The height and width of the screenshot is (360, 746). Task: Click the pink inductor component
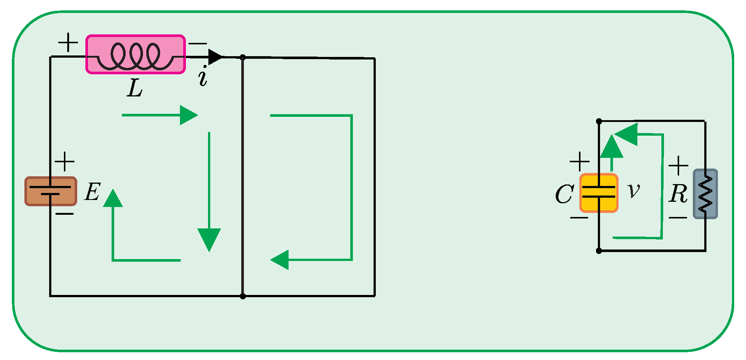tap(136, 55)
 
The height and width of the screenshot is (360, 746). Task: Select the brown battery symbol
tap(51, 191)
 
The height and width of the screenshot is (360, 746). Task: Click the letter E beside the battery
tap(92, 192)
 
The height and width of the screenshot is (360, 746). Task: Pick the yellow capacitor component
tap(599, 193)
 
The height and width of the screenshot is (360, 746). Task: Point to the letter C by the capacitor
tap(564, 194)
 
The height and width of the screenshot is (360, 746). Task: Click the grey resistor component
tap(705, 194)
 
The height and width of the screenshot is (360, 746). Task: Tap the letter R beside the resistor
tap(678, 193)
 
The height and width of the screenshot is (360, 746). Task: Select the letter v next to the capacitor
tap(634, 191)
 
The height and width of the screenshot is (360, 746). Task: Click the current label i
tap(203, 77)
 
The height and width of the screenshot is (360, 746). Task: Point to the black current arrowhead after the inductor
tap(215, 57)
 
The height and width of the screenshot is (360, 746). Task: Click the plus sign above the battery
tap(65, 162)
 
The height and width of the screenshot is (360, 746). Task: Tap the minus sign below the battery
tap(65, 214)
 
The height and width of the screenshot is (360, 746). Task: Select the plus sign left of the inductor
tap(68, 43)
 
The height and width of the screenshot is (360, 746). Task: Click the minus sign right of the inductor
tap(198, 44)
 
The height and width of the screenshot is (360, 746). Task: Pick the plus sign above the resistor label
tap(678, 165)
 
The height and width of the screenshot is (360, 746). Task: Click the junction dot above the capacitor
tap(599, 121)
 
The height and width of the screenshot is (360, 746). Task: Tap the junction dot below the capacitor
tap(599, 251)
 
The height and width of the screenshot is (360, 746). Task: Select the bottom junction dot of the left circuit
tap(243, 296)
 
